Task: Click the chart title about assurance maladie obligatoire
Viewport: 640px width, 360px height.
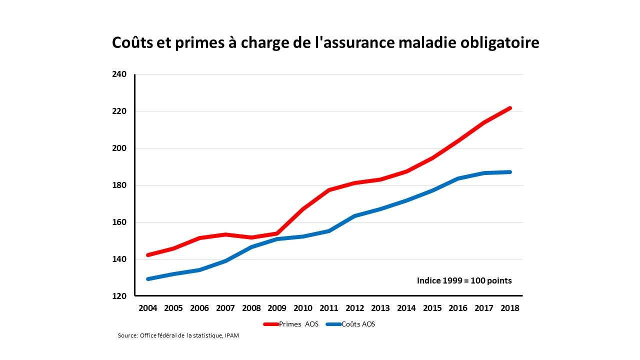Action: (x=325, y=43)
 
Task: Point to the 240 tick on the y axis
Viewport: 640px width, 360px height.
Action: (x=120, y=74)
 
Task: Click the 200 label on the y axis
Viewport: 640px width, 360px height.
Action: (x=120, y=148)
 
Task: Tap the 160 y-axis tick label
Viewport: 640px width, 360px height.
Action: (x=120, y=222)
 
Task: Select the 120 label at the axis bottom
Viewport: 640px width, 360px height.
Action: (x=120, y=296)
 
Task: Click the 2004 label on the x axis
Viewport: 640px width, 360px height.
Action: (x=148, y=308)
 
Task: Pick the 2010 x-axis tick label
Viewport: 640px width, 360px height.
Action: (x=303, y=308)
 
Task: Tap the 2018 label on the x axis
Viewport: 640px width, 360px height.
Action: (x=510, y=308)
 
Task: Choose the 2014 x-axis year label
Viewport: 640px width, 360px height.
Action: (x=406, y=308)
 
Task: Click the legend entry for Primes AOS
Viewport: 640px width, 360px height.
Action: (x=291, y=324)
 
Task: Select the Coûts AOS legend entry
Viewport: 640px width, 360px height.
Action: (x=350, y=324)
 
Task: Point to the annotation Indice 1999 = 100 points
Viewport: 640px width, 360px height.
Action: (x=464, y=281)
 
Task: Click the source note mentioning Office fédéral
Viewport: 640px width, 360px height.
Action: (x=178, y=335)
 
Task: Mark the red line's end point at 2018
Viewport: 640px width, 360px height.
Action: (x=510, y=108)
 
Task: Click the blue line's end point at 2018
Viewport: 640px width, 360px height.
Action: (x=510, y=172)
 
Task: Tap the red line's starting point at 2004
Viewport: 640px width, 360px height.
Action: (x=148, y=255)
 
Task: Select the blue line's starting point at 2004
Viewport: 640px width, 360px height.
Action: (x=148, y=279)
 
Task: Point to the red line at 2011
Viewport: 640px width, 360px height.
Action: (x=329, y=190)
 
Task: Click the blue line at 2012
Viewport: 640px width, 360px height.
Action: (x=355, y=216)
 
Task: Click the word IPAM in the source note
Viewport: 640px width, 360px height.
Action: (x=231, y=335)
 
